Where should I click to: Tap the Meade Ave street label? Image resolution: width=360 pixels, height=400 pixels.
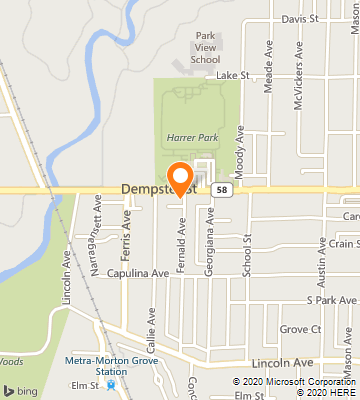point(269,68)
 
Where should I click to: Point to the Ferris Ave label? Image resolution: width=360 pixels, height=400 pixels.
point(126,228)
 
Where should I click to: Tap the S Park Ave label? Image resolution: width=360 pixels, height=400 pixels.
point(332,299)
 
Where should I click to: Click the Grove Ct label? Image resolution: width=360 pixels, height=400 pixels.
point(300,329)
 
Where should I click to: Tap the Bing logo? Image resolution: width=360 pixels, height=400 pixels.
point(25,388)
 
